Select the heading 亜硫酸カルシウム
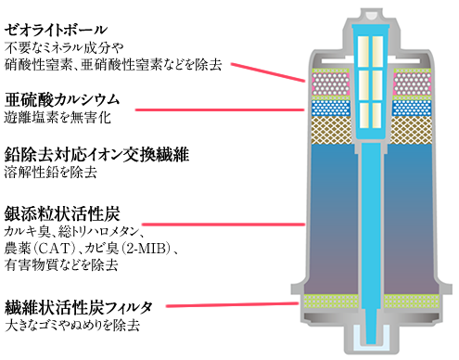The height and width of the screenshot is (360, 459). coord(62,98)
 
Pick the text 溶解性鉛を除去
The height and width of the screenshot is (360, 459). coord(50,172)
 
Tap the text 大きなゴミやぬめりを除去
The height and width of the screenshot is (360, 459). coord(71,325)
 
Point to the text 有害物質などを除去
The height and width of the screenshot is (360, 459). coord(61,265)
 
